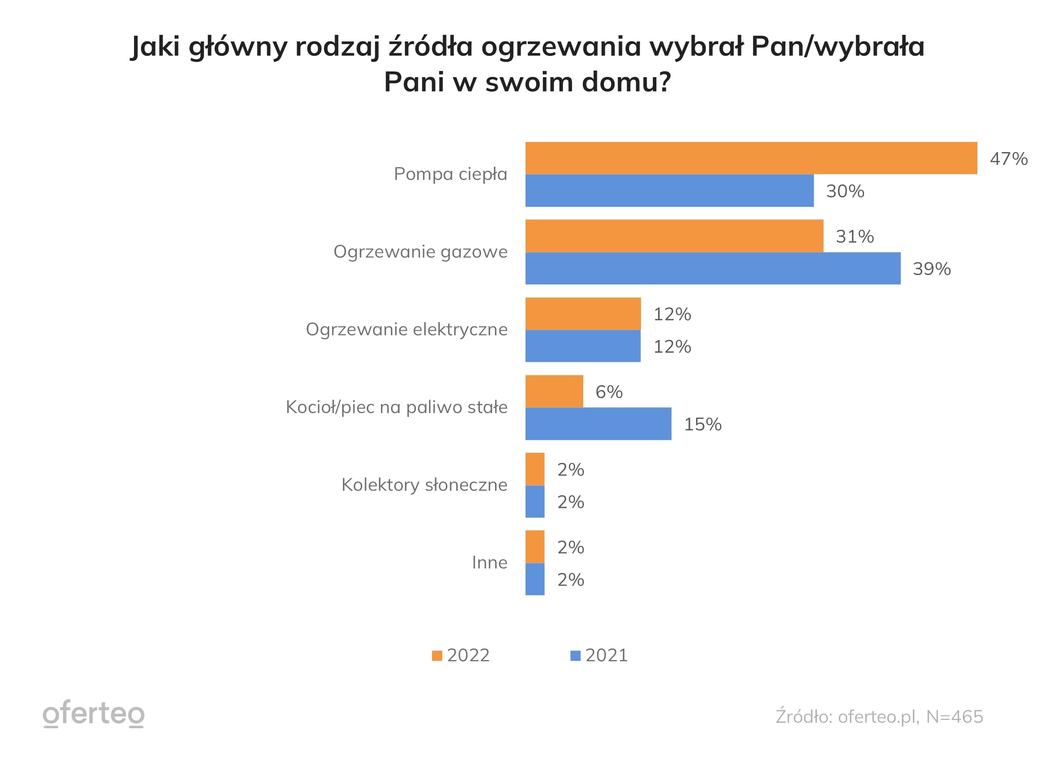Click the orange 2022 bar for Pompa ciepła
click(751, 158)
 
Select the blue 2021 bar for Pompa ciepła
click(669, 191)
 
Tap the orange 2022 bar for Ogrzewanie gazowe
click(674, 236)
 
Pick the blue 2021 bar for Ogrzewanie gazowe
click(712, 268)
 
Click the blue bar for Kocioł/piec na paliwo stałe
click(598, 424)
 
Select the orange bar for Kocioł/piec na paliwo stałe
click(554, 391)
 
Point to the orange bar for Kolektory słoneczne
click(535, 469)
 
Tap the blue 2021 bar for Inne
click(535, 579)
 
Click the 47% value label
click(1008, 159)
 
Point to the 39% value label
click(931, 269)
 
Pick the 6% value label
click(609, 392)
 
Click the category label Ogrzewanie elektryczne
click(406, 329)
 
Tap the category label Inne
click(489, 563)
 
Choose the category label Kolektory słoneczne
click(424, 485)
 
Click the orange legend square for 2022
click(437, 656)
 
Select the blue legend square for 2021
click(575, 656)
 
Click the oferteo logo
click(93, 713)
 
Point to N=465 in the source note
click(954, 716)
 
